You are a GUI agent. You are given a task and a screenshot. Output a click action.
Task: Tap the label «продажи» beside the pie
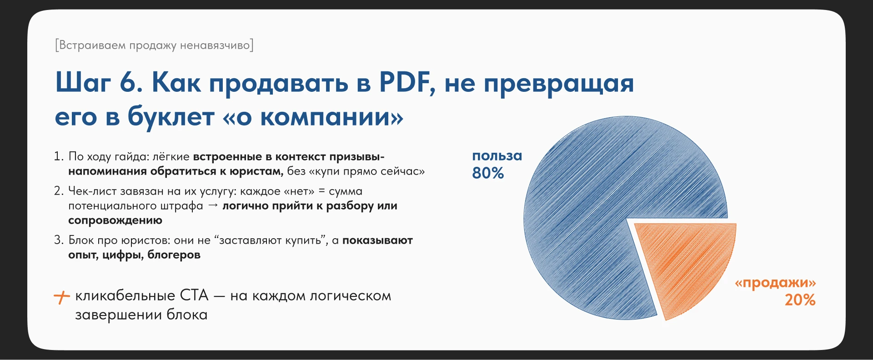coord(775,283)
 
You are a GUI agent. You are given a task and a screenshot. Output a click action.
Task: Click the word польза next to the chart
coord(497,156)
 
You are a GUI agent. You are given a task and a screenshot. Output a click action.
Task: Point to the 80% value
coord(488,173)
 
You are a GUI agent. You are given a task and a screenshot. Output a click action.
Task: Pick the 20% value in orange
coord(800,300)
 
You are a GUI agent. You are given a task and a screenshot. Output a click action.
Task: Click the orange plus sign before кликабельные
coord(61,297)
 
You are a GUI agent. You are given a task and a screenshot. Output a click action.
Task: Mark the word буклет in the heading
coord(171,117)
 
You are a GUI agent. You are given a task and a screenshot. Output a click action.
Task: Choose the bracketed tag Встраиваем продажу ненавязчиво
coord(154,45)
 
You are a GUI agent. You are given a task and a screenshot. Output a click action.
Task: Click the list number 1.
coord(58,156)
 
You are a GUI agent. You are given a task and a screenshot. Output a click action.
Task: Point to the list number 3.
coord(58,240)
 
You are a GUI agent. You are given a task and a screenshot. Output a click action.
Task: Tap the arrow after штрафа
coord(213,205)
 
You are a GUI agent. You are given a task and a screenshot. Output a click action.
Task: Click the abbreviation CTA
coord(194,295)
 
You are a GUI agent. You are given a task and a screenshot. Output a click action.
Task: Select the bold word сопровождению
coord(115,220)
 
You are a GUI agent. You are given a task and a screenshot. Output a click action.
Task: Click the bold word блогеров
coord(174,255)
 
